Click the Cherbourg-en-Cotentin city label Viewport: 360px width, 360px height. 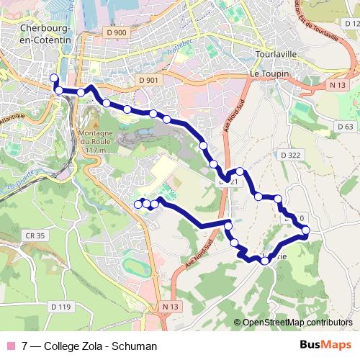coord(47,34)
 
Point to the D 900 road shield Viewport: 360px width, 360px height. coord(115,32)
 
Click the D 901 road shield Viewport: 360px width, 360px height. coord(148,79)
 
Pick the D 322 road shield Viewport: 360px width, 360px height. coord(291,155)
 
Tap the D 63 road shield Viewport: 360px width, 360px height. coord(345,127)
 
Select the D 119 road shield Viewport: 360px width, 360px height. coord(62,307)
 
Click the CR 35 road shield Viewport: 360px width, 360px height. coord(35,235)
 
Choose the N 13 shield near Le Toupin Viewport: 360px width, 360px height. coord(336,86)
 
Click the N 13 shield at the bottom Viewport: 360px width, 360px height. coord(169,307)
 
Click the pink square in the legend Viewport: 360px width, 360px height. coord(10,346)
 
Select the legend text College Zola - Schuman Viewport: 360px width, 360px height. coord(89,346)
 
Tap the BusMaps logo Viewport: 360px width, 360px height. coord(325,345)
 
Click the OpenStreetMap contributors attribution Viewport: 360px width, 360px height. coord(297,323)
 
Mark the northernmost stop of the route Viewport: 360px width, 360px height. coord(53,78)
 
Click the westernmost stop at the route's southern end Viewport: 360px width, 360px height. coord(138,204)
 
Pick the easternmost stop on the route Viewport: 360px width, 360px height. coord(306,230)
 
